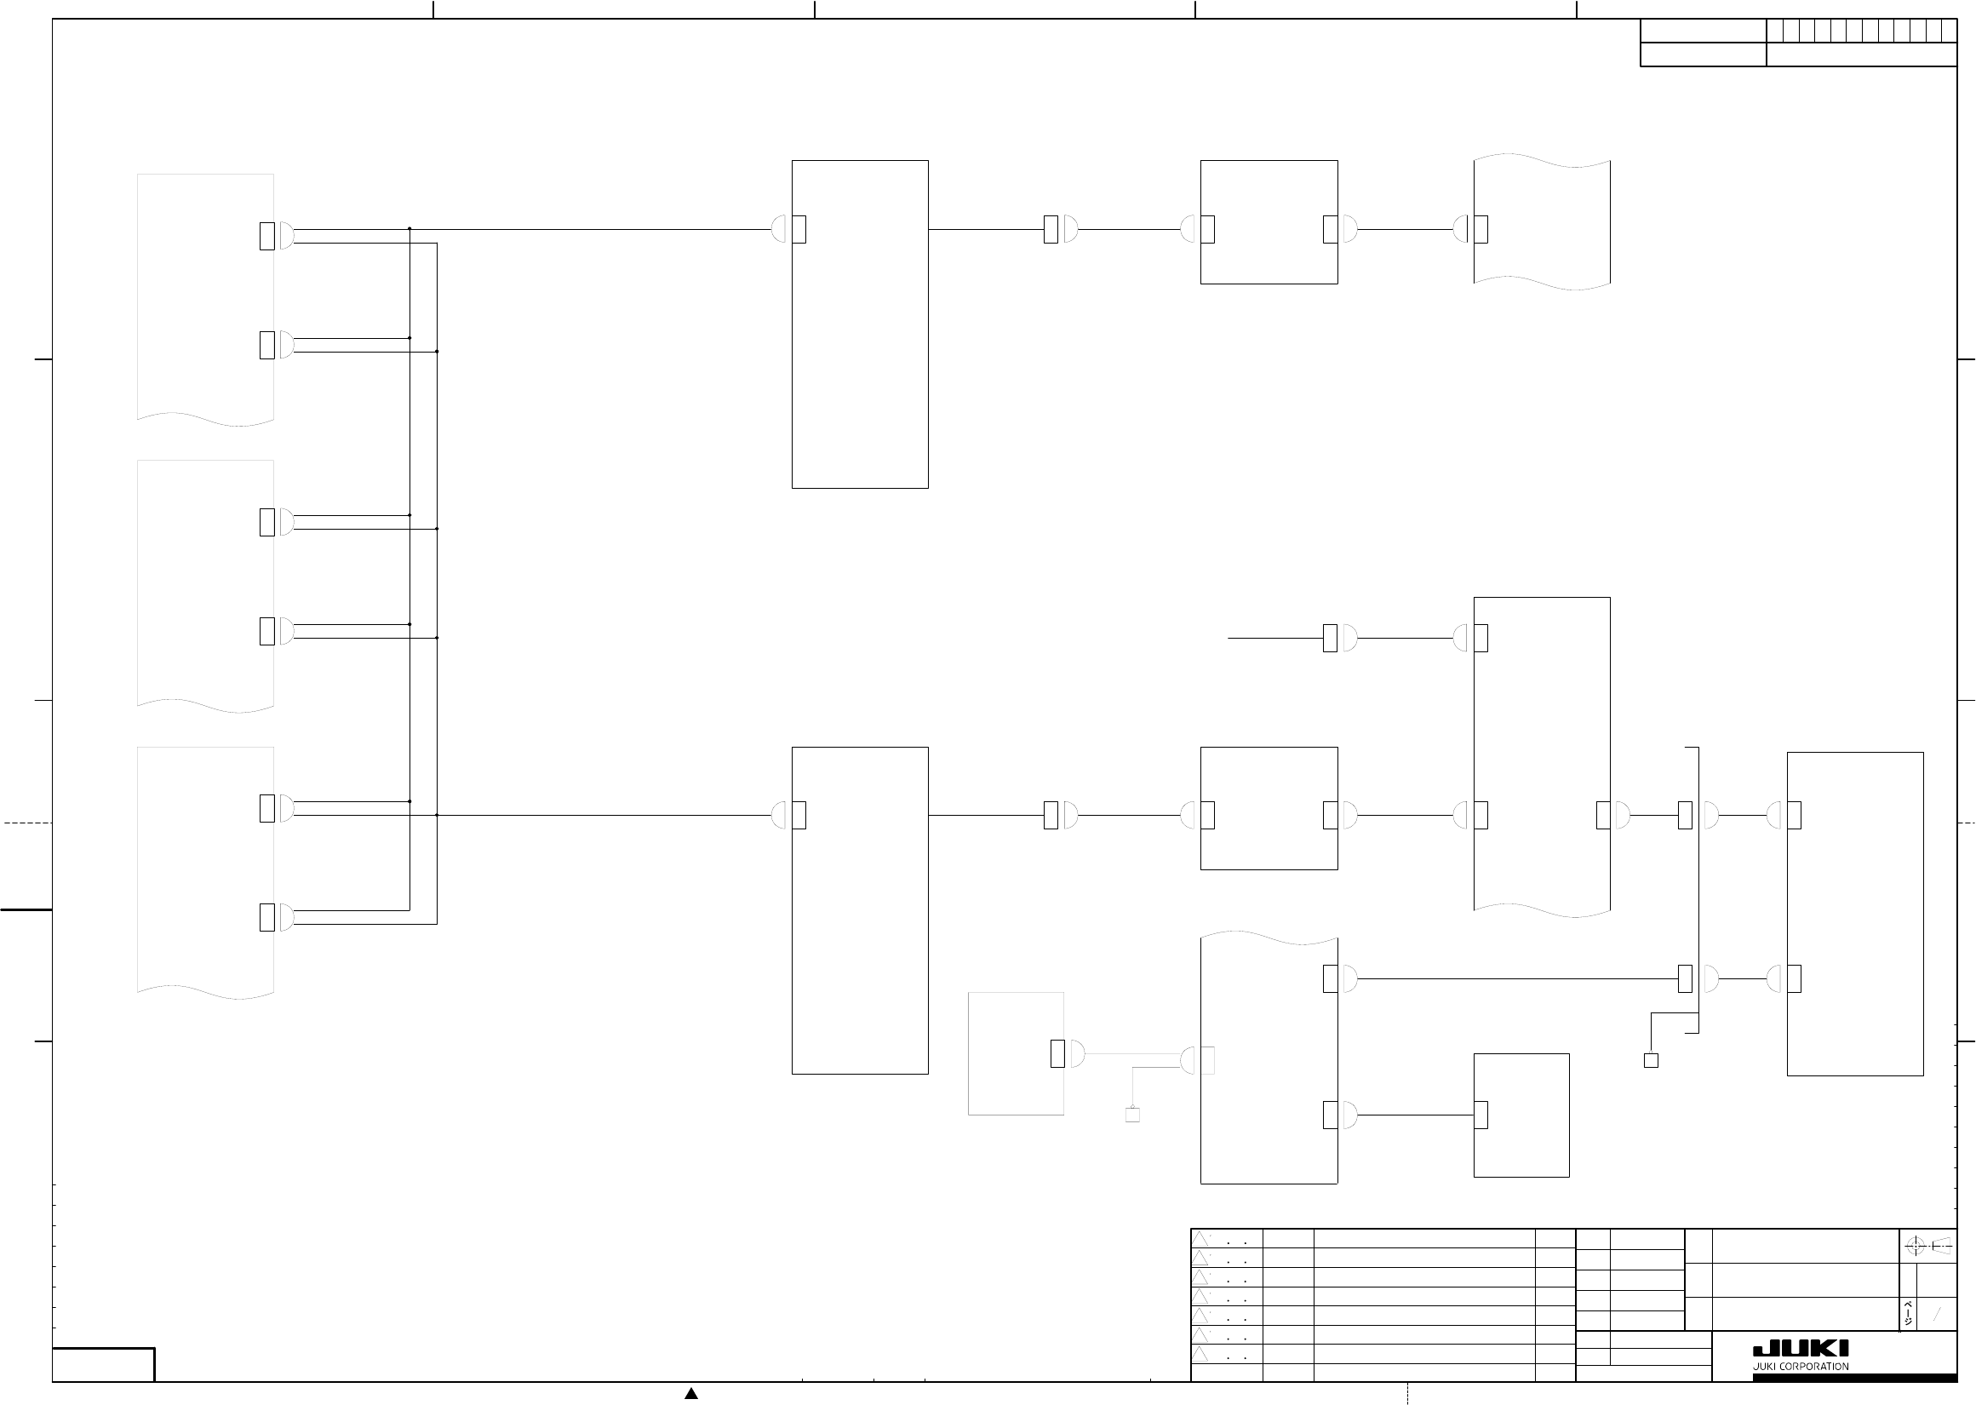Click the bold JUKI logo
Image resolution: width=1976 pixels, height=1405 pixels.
pyautogui.click(x=1801, y=1349)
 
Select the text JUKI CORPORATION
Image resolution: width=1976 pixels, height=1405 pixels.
pyautogui.click(x=1801, y=1367)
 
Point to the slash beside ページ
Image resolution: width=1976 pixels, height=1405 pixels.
pyautogui.click(x=1937, y=1314)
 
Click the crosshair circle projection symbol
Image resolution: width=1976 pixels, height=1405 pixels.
pyautogui.click(x=1915, y=1246)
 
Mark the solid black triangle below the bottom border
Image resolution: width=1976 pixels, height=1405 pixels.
pyautogui.click(x=691, y=1393)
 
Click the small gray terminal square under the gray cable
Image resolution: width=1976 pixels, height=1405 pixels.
pyautogui.click(x=1132, y=1115)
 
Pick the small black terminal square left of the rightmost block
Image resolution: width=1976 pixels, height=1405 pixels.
pyautogui.click(x=1651, y=1061)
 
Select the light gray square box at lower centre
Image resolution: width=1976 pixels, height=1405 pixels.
pyautogui.click(x=1015, y=1054)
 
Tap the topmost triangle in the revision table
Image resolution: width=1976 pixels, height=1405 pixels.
pyautogui.click(x=1200, y=1239)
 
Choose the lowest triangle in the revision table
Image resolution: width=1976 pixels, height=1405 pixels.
pyautogui.click(x=1200, y=1354)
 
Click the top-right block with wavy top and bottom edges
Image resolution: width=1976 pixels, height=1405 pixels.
pyautogui.click(x=1542, y=222)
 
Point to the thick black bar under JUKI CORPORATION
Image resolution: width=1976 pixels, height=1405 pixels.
pyautogui.click(x=1855, y=1377)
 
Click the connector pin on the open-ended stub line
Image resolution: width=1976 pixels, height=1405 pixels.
pyautogui.click(x=1330, y=639)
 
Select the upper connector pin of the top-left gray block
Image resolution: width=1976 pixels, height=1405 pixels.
pyautogui.click(x=267, y=236)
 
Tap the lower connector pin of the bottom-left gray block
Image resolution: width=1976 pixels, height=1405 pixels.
pyautogui.click(x=267, y=917)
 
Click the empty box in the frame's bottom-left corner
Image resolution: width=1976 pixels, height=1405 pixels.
pyautogui.click(x=104, y=1364)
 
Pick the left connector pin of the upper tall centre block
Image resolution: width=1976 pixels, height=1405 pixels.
pyautogui.click(x=799, y=229)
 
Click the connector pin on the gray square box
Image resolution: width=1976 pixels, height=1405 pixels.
pyautogui.click(x=1057, y=1054)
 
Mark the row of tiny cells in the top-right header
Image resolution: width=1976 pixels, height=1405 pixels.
pyautogui.click(x=1861, y=31)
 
